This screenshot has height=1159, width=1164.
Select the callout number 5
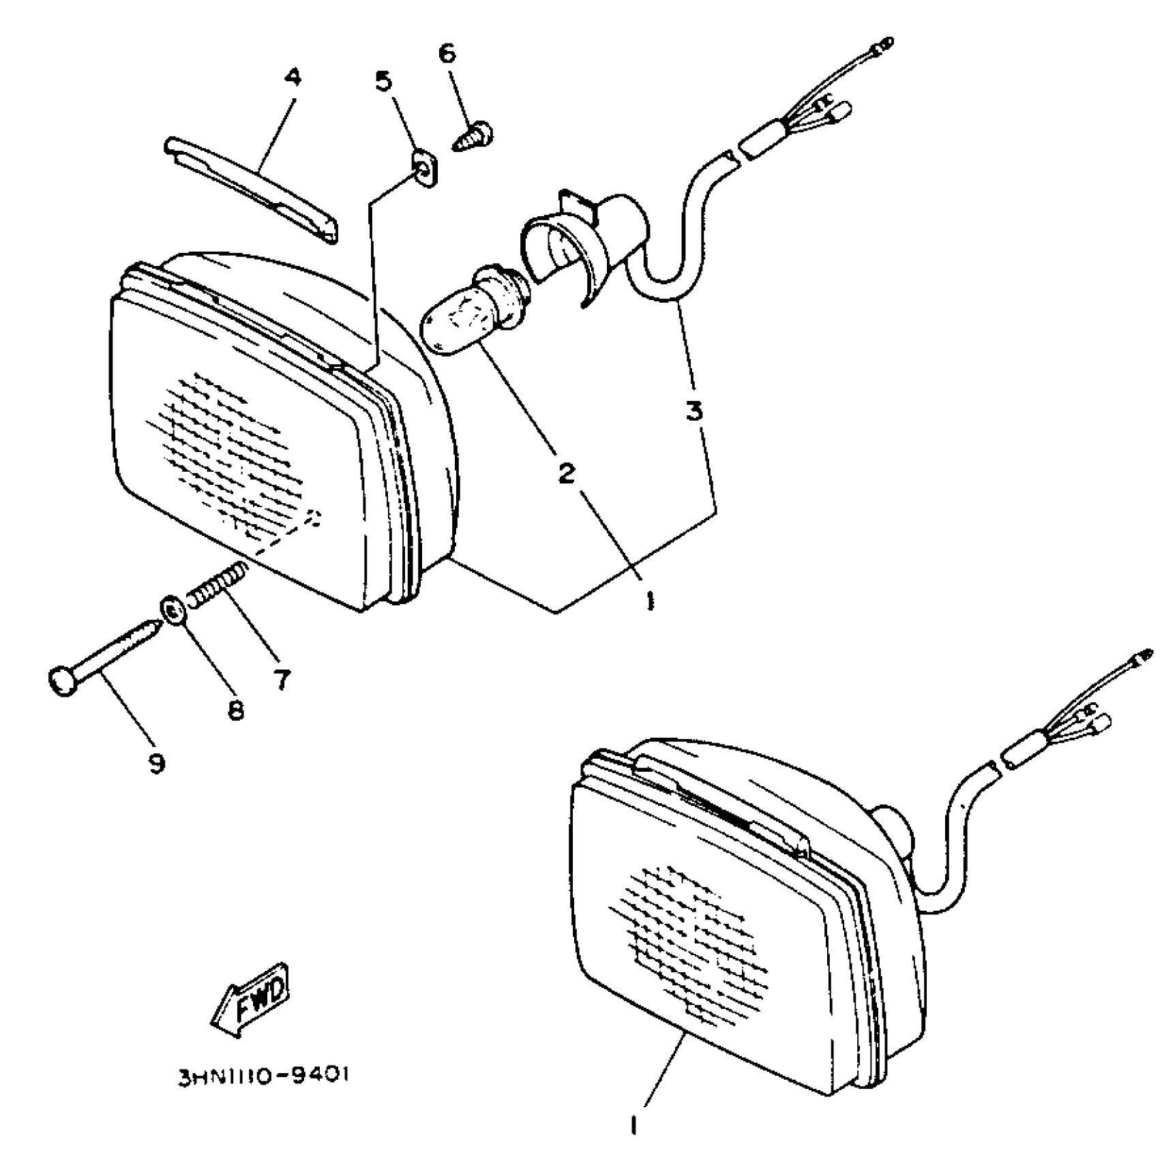click(384, 82)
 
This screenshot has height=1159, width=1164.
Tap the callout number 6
click(447, 53)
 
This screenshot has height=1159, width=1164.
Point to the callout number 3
click(693, 410)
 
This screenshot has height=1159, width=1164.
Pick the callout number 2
click(567, 472)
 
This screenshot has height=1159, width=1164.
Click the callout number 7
click(282, 678)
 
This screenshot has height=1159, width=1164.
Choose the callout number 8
click(235, 710)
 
